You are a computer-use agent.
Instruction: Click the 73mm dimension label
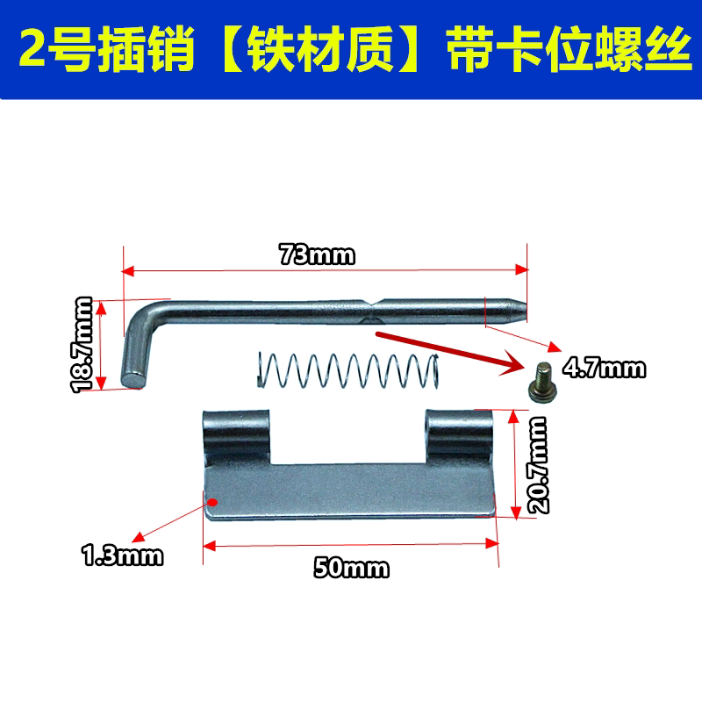click(x=317, y=255)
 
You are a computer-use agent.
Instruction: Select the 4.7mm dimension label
click(x=604, y=369)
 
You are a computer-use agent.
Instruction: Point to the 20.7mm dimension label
click(x=536, y=464)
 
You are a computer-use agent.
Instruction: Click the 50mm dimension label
click(x=351, y=568)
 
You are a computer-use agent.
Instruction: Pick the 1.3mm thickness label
click(x=122, y=555)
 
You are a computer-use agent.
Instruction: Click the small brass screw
click(x=541, y=381)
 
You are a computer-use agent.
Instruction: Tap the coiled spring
click(x=346, y=369)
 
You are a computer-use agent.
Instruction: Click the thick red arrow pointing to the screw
click(x=448, y=352)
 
